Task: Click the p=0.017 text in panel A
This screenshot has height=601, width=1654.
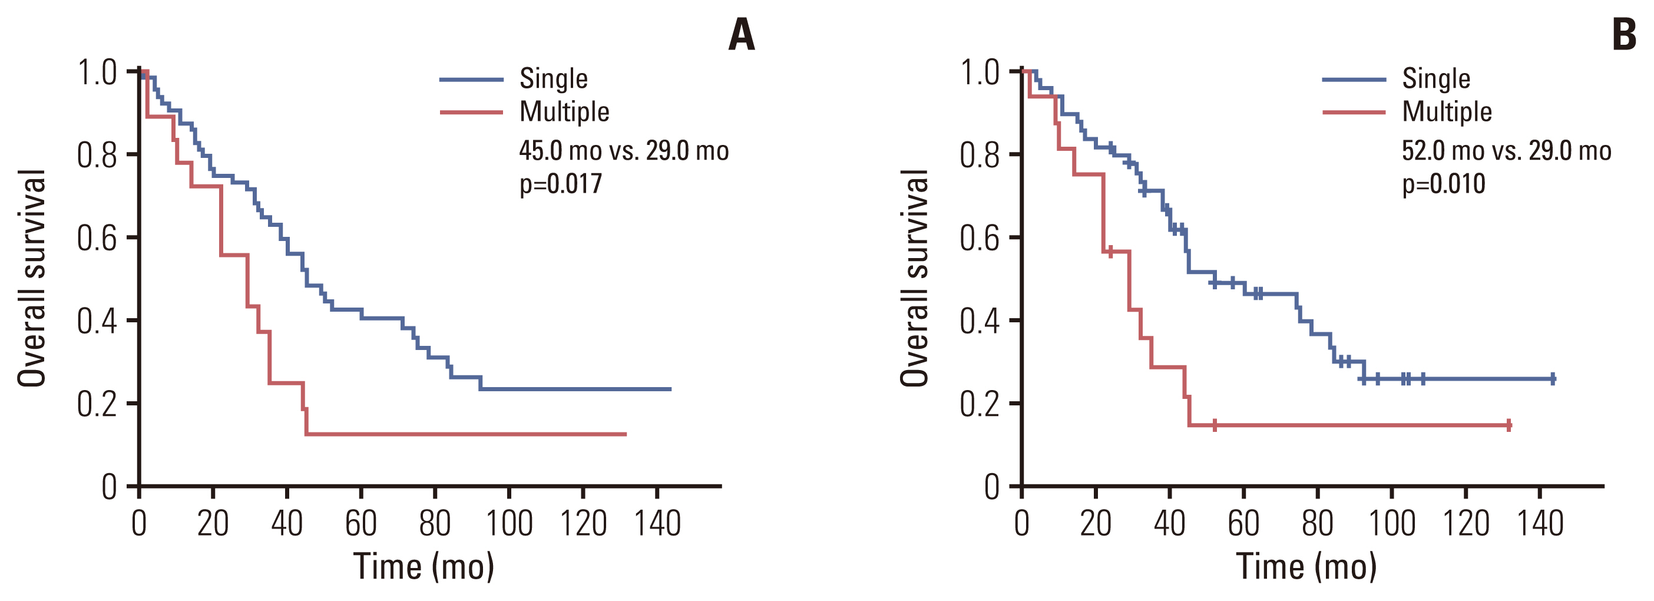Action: (x=561, y=184)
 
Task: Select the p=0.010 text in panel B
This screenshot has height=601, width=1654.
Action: (x=1443, y=184)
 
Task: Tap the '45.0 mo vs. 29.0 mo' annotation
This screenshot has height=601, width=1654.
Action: (x=623, y=151)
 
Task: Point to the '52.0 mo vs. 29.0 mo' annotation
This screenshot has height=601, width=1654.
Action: (x=1506, y=151)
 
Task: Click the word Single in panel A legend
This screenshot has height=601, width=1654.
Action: (x=554, y=79)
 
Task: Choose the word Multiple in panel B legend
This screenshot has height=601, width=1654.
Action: (x=1447, y=112)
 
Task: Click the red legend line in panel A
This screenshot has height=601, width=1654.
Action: (x=471, y=113)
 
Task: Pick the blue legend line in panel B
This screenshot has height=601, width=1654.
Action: (x=1354, y=80)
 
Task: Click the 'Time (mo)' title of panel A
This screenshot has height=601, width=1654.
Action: (x=424, y=566)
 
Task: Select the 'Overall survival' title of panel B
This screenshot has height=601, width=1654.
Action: (x=914, y=278)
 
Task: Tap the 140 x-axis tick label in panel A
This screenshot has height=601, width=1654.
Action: (x=657, y=523)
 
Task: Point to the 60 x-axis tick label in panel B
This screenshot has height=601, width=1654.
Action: (x=1243, y=523)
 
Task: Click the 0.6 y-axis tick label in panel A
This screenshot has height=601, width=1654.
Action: (x=97, y=238)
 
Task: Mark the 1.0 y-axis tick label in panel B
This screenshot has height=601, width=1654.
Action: (x=980, y=72)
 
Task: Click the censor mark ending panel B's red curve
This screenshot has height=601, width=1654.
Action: (x=1509, y=425)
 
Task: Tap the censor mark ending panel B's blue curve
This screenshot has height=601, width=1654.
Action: (x=1553, y=379)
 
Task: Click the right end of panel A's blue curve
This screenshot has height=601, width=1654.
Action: (x=670, y=389)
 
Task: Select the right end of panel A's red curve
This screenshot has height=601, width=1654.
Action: (x=626, y=435)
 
